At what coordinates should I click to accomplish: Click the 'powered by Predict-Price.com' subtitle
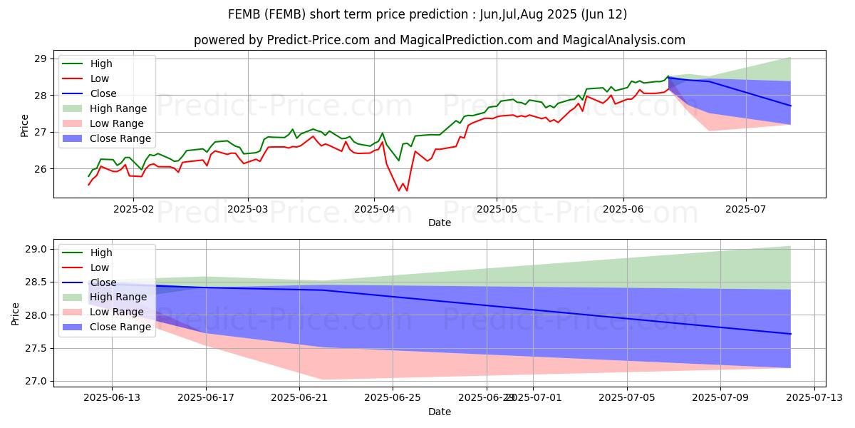pyautogui.click(x=440, y=41)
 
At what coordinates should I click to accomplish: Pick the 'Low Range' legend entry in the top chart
pyautogui.click(x=118, y=123)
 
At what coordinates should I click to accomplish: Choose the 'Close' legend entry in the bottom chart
pyautogui.click(x=103, y=282)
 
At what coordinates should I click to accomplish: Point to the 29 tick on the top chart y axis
pyautogui.click(x=40, y=58)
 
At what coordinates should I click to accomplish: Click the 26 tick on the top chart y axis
pyautogui.click(x=40, y=169)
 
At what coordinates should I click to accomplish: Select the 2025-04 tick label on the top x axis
pyautogui.click(x=374, y=210)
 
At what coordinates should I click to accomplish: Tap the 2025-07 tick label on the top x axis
pyautogui.click(x=746, y=210)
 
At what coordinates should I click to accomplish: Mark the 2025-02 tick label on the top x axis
pyautogui.click(x=133, y=210)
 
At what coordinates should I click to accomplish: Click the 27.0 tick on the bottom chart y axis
pyautogui.click(x=35, y=381)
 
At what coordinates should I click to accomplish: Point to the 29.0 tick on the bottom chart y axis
pyautogui.click(x=35, y=249)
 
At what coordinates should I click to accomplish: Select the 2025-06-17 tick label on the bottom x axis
pyautogui.click(x=206, y=398)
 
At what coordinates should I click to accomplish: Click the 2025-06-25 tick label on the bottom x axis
pyautogui.click(x=393, y=398)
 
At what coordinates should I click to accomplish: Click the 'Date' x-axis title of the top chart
pyautogui.click(x=440, y=223)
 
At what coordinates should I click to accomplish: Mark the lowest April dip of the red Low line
pyautogui.click(x=399, y=190)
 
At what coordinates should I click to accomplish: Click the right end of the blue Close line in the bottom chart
pyautogui.click(x=791, y=334)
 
